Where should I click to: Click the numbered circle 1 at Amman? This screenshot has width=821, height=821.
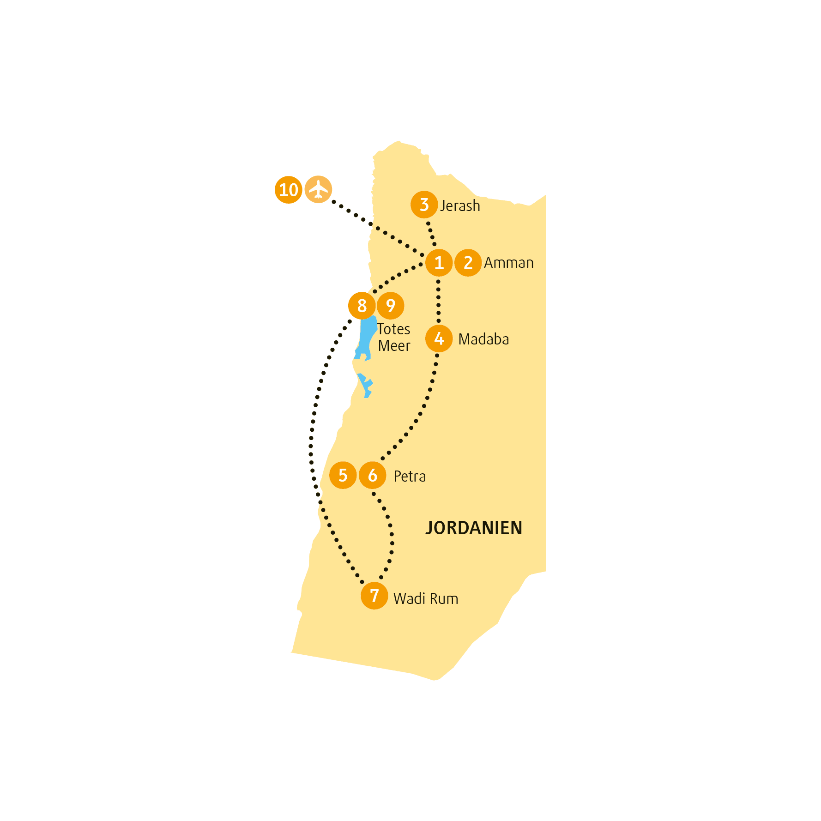(x=439, y=263)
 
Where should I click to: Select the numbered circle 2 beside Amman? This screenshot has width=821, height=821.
(x=468, y=263)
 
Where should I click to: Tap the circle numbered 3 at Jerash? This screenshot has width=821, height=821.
(x=424, y=205)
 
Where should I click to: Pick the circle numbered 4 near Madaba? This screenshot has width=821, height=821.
(x=439, y=338)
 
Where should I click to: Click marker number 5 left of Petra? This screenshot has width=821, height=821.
(x=343, y=475)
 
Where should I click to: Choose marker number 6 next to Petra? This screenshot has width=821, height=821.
(x=373, y=475)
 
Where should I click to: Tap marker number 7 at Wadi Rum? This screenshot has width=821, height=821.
(x=374, y=596)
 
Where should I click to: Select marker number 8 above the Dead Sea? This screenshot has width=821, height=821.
(x=362, y=306)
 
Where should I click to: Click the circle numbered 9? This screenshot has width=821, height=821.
(x=391, y=306)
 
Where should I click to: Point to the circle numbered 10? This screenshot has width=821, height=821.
(x=289, y=190)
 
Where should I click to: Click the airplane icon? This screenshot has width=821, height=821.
(x=318, y=189)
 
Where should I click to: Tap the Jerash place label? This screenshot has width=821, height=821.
(x=460, y=206)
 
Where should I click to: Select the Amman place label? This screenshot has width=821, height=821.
(x=509, y=263)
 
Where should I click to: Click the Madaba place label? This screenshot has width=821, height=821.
(x=483, y=339)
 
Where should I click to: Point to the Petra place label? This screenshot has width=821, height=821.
(x=410, y=476)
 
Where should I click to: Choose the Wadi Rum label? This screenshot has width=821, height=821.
(x=426, y=599)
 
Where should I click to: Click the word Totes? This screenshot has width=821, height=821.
(x=394, y=329)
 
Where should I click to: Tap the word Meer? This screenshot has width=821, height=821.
(x=394, y=346)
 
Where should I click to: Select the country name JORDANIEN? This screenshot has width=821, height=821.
(x=474, y=528)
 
